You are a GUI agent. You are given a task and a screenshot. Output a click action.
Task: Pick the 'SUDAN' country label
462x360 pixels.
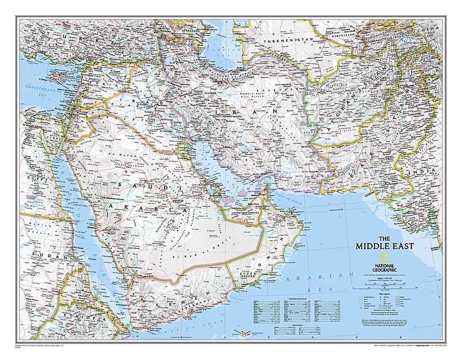[x=43, y=254]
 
